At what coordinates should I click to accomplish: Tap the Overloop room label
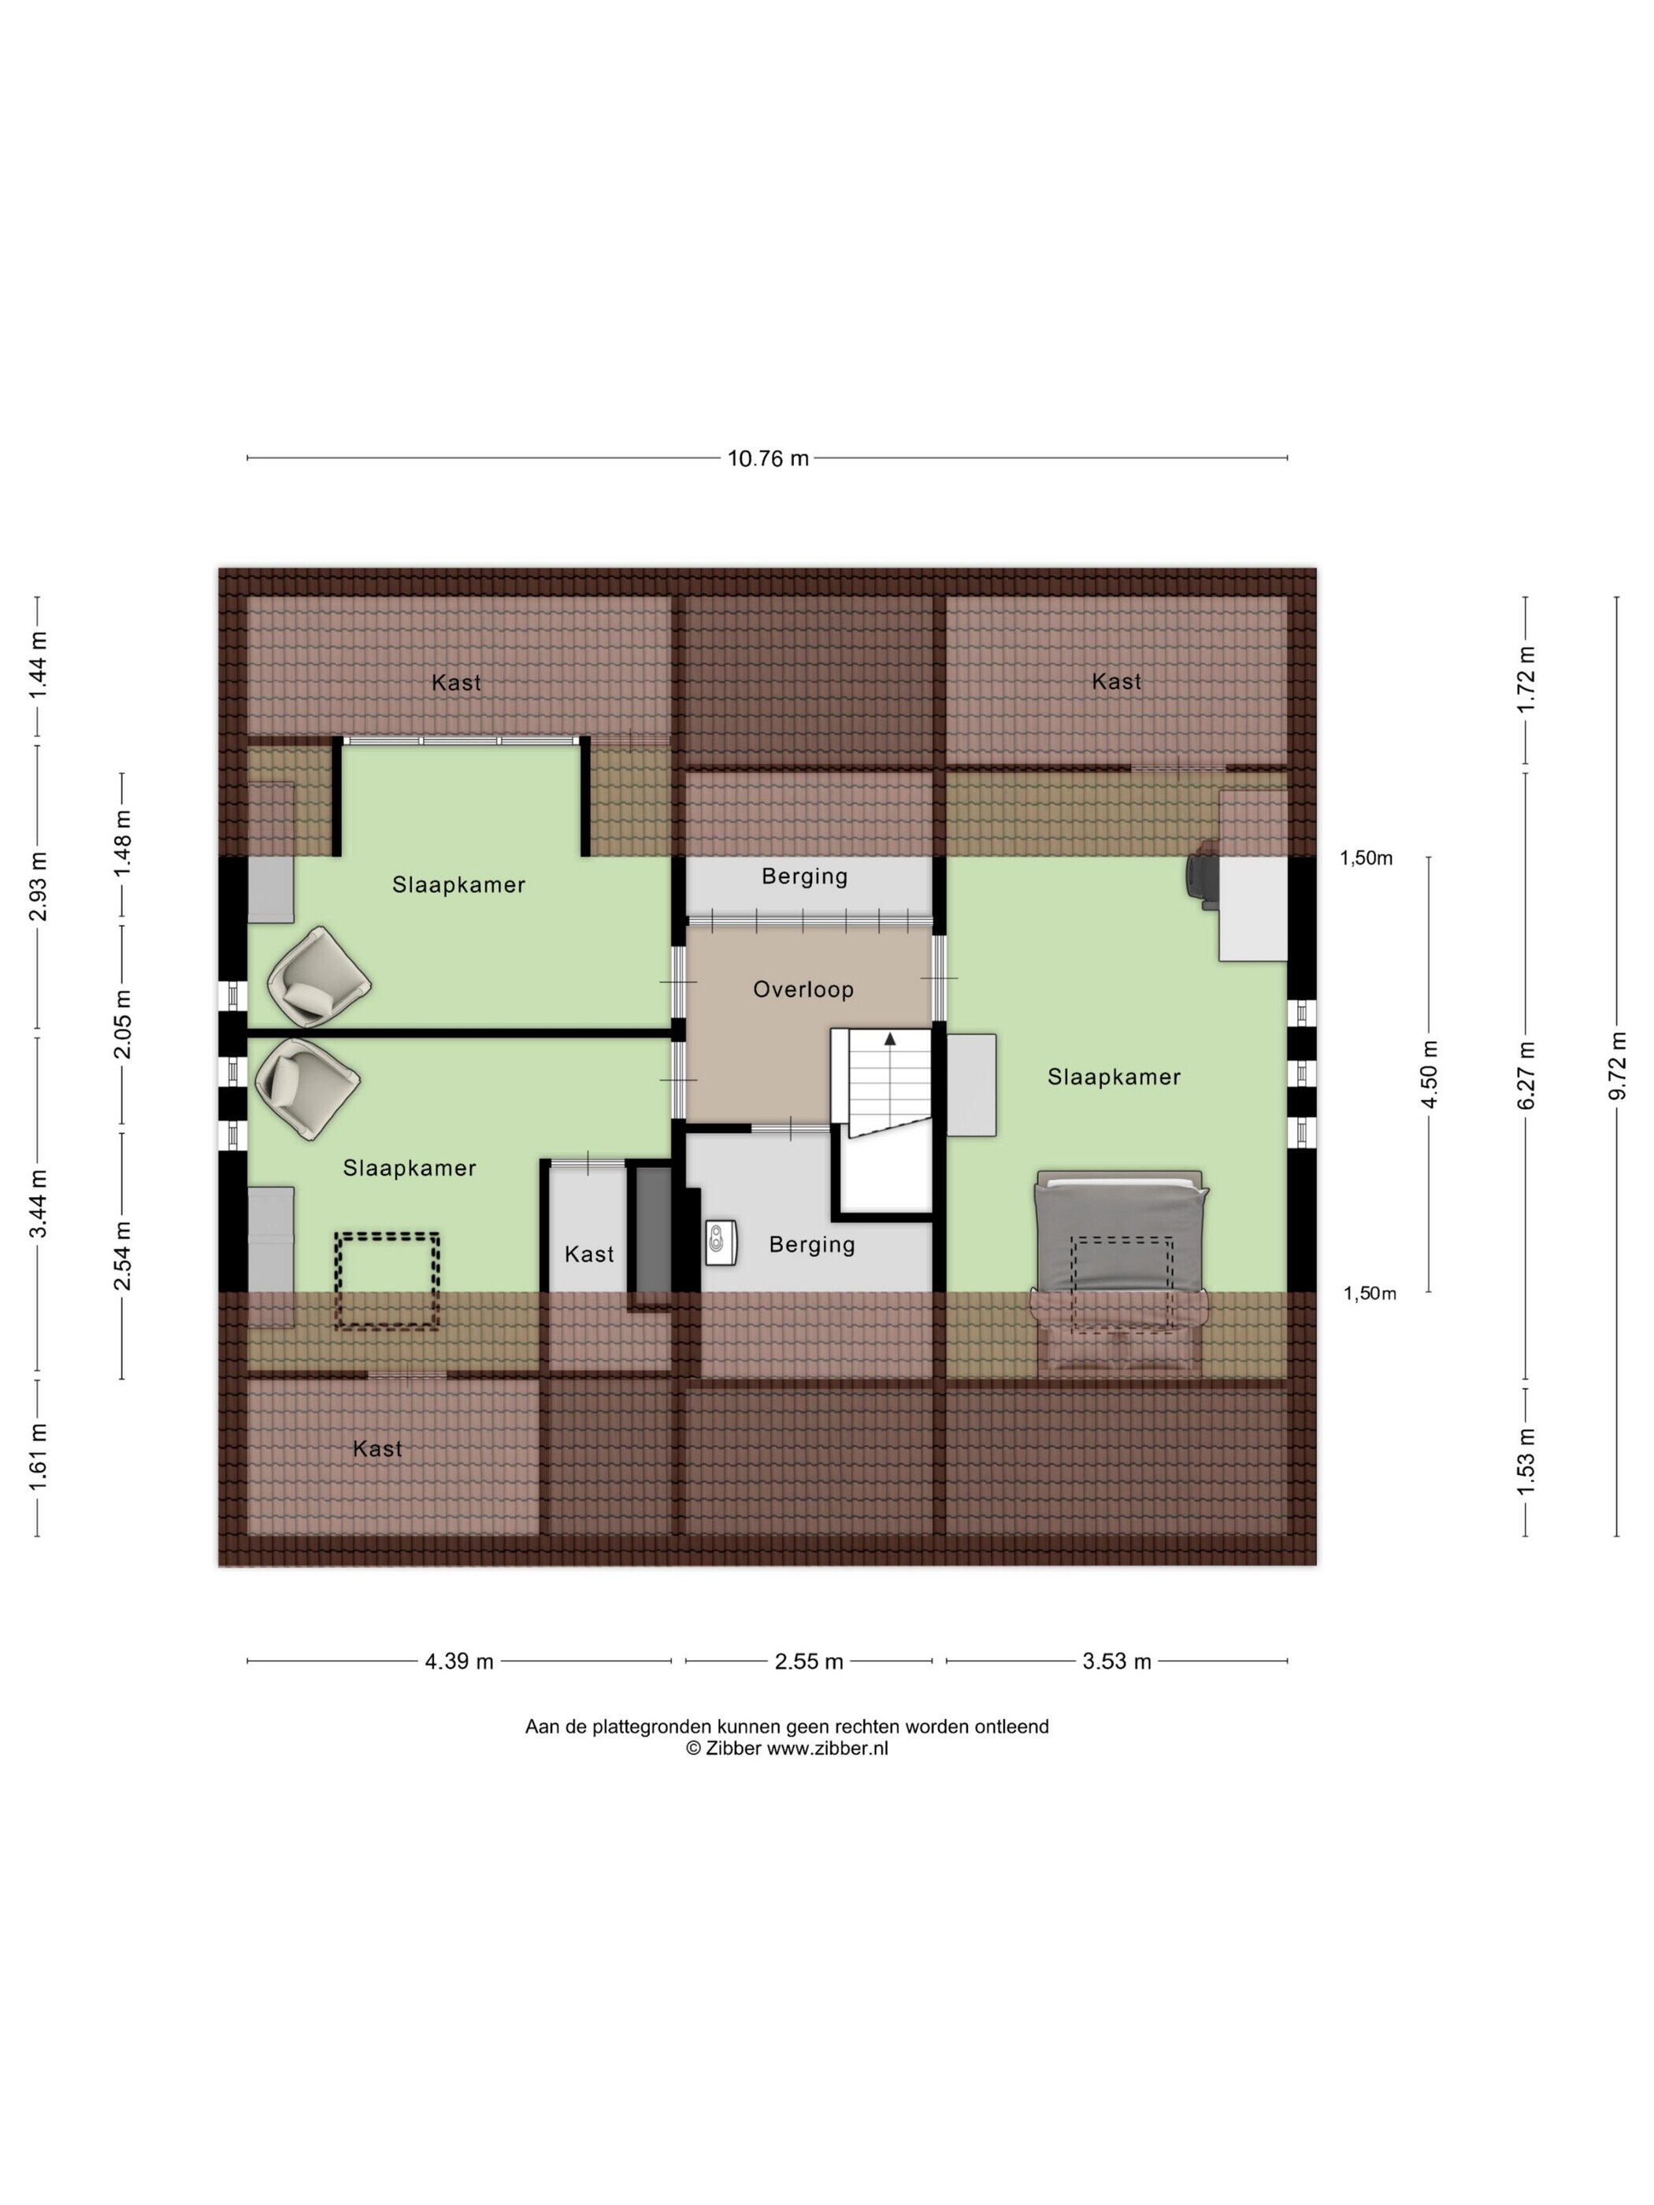click(x=803, y=989)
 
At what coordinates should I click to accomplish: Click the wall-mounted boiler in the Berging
click(x=720, y=1242)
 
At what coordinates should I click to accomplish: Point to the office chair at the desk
click(x=1200, y=874)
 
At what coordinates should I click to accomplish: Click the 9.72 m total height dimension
click(x=1616, y=1065)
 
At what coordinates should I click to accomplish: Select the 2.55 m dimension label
click(x=809, y=1661)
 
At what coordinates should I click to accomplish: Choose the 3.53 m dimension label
click(x=1117, y=1661)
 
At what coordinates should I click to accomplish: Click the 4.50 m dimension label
click(x=1430, y=1073)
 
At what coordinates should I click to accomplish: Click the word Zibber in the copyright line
click(x=732, y=1747)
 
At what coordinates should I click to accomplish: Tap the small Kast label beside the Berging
click(x=589, y=1254)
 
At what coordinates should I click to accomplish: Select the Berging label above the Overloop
click(x=805, y=876)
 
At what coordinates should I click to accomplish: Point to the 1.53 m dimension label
click(x=1526, y=1460)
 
